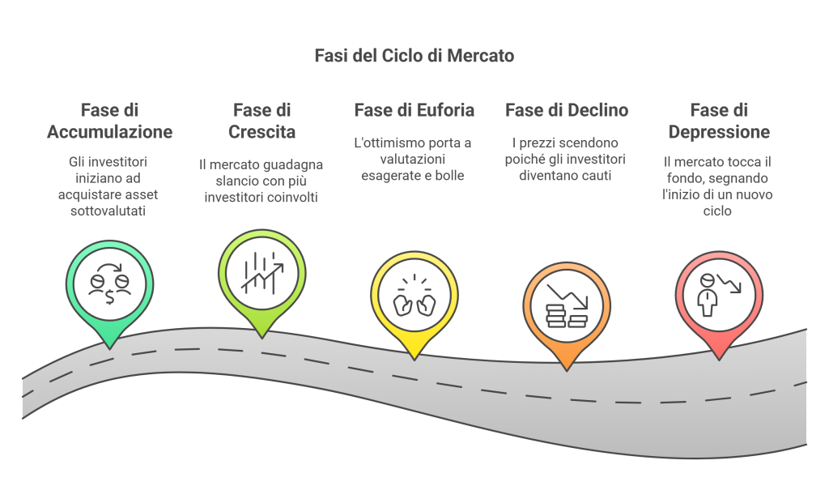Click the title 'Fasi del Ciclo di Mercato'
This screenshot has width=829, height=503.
click(x=414, y=56)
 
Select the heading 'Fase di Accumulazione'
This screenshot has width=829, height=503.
click(x=110, y=121)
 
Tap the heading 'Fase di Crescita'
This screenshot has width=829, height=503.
click(x=261, y=121)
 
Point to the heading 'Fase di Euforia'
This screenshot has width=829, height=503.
click(x=414, y=110)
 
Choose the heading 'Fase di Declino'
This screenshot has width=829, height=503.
click(x=567, y=110)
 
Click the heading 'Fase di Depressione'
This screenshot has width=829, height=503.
click(x=719, y=121)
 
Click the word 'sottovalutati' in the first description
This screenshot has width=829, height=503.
click(x=108, y=211)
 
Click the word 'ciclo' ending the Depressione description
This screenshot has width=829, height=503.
click(x=717, y=211)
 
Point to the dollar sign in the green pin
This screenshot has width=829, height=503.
click(x=109, y=296)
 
